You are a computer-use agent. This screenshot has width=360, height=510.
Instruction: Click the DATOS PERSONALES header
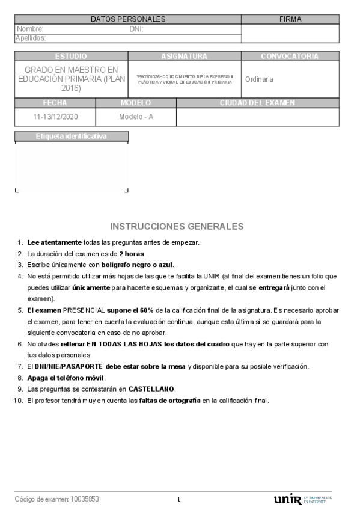coord(128,19)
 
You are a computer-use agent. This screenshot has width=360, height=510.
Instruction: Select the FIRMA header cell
coord(290,19)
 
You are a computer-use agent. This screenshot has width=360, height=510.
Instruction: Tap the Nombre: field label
coord(31,29)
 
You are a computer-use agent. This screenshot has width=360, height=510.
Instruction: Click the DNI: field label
coord(136,29)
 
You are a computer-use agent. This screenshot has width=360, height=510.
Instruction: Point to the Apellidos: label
coord(31,38)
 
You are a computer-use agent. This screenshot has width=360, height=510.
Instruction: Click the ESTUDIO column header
coord(71,56)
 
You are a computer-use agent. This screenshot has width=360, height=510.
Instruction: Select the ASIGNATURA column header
coord(184,56)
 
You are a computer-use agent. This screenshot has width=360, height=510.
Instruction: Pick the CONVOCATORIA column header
coord(290,56)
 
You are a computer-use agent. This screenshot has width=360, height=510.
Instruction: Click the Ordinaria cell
coord(260,79)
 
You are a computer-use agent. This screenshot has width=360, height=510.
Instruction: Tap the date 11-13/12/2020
coord(55,117)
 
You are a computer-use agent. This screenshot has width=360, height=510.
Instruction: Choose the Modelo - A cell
coord(136,117)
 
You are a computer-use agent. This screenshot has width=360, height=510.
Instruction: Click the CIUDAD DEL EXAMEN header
coord(258,103)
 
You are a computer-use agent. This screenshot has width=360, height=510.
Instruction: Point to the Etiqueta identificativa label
coord(71,137)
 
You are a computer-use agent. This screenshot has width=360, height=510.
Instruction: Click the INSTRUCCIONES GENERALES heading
coord(177,226)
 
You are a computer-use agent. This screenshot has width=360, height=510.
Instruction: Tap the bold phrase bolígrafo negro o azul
coord(126,265)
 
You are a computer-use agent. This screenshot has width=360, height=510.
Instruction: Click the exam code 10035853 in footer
coord(85,499)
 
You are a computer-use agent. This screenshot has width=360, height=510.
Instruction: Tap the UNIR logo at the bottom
coord(288,499)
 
